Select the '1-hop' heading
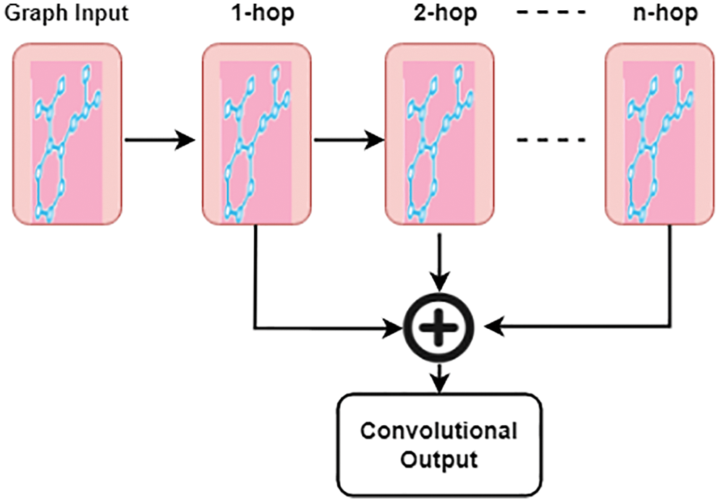click(x=257, y=14)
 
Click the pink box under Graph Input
click(x=66, y=135)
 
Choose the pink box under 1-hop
click(x=256, y=135)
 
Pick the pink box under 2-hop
click(x=439, y=135)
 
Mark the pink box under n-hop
click(x=659, y=135)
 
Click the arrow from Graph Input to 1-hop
click(x=160, y=139)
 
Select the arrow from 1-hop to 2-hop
click(x=347, y=139)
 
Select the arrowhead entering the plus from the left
click(x=394, y=327)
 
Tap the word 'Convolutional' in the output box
click(x=439, y=431)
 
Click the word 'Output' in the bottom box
click(x=439, y=459)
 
